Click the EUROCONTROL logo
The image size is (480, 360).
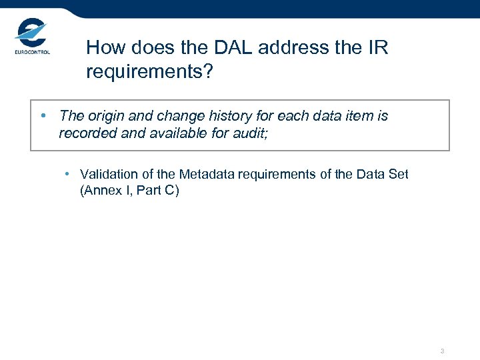click(31, 38)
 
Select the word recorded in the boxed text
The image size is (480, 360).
click(86, 133)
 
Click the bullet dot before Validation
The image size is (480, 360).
click(68, 174)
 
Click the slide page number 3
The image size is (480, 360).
click(442, 351)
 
